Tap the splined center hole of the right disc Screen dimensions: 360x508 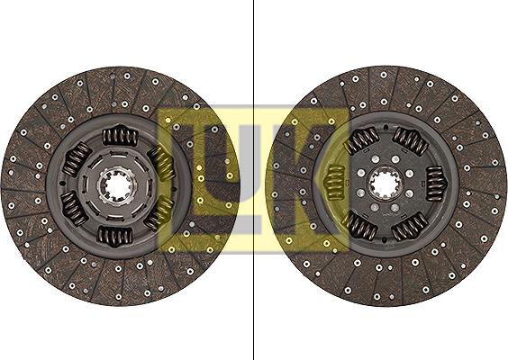click(386, 186)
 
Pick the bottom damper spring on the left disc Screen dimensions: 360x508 click(115, 237)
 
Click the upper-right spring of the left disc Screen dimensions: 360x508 click(161, 163)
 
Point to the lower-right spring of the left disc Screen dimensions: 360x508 click(159, 213)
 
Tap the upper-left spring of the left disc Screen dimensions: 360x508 click(76, 160)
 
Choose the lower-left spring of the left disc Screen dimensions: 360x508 click(73, 210)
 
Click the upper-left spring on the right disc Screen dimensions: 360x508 click(360, 140)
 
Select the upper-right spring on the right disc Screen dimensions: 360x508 click(411, 141)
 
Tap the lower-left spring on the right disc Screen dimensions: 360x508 click(361, 227)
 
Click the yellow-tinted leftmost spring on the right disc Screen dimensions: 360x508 click(335, 184)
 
